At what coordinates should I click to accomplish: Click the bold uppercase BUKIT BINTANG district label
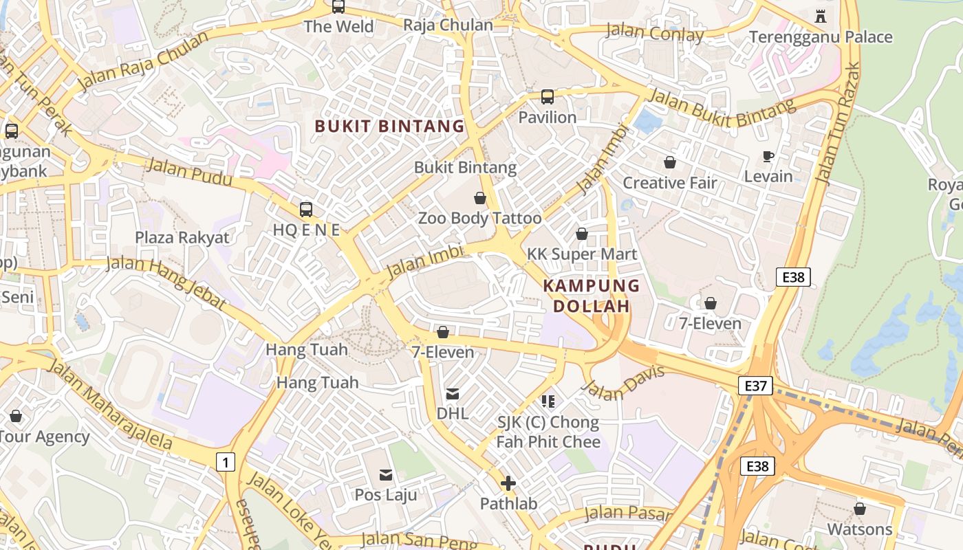coord(389,126)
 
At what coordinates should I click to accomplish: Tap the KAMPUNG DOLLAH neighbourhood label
coord(592,296)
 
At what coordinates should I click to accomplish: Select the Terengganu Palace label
coord(821,37)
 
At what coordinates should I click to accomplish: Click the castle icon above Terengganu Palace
coord(820,16)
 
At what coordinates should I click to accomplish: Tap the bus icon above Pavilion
coord(548,97)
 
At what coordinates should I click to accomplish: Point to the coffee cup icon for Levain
coord(768,157)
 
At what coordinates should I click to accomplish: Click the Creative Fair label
coord(669,183)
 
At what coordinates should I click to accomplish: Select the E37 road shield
coord(755,386)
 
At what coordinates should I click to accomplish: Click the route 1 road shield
coord(225,462)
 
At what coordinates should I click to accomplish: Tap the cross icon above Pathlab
coord(508,483)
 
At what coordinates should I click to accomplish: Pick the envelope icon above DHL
coord(453,394)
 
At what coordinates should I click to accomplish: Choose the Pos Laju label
coord(386,494)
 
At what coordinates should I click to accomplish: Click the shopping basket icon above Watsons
coord(859,509)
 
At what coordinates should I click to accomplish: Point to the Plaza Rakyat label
coord(182,238)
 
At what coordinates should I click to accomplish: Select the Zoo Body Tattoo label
coord(479,219)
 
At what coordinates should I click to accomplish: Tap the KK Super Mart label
coord(582,254)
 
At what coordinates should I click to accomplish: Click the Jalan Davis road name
coord(623,382)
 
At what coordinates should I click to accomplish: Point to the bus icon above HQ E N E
coord(306,210)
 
